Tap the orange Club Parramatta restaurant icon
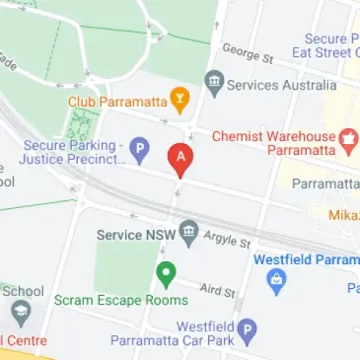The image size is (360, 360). pos(180,98)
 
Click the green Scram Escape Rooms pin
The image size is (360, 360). pos(166,272)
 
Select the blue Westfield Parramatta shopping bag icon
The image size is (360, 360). pos(276,283)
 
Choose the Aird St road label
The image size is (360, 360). pos(217,289)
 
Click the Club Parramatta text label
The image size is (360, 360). pos(116,100)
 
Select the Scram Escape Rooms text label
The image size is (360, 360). pos(120,300)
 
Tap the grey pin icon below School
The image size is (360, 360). pos(21,315)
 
